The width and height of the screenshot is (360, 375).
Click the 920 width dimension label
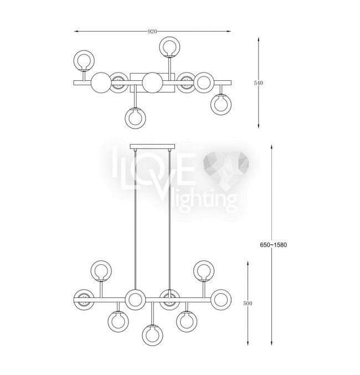pyautogui.click(x=152, y=32)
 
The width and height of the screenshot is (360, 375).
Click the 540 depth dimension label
pyautogui.click(x=258, y=83)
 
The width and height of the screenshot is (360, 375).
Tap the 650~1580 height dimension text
pyautogui.click(x=273, y=245)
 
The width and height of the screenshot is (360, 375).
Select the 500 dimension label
pyautogui.click(x=248, y=303)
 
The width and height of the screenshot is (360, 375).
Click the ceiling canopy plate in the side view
pyautogui.click(x=152, y=146)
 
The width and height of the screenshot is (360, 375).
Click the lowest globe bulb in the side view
pyautogui.click(x=153, y=335)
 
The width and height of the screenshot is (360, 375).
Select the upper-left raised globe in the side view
pyautogui.click(x=101, y=271)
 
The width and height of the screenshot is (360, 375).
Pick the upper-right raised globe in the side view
pyautogui.click(x=204, y=271)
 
